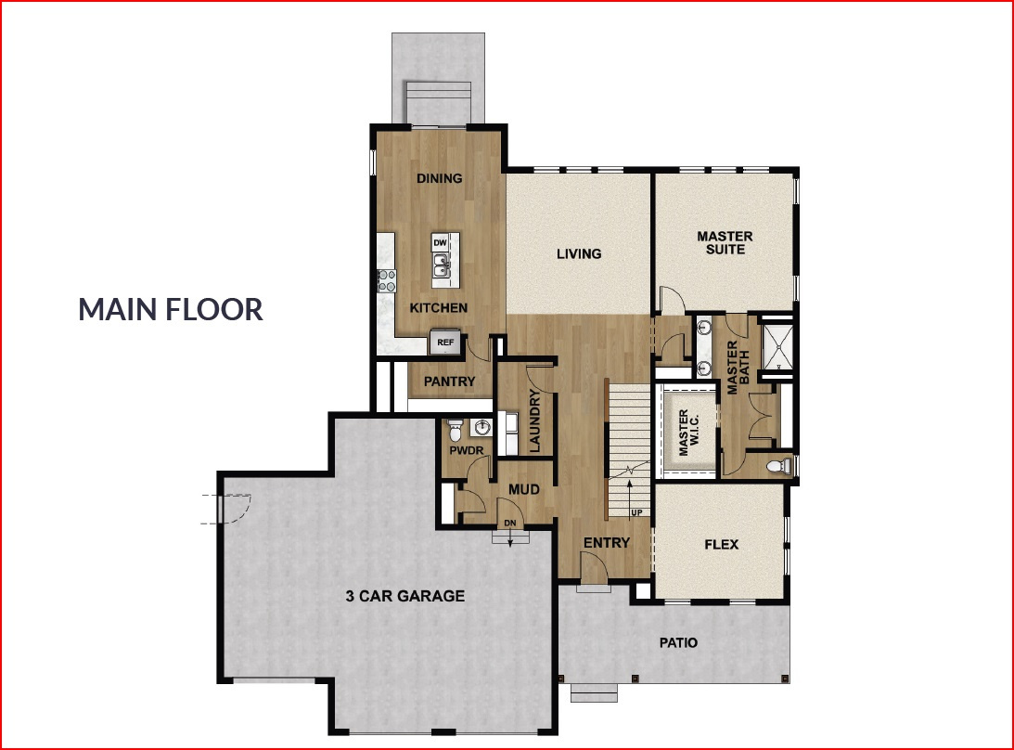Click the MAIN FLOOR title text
(x=171, y=309)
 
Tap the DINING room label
(x=439, y=178)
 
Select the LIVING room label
(x=579, y=253)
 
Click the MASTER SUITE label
(x=725, y=242)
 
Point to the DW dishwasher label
(x=441, y=243)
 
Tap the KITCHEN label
(x=439, y=307)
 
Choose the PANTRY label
(x=449, y=381)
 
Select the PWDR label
(x=462, y=452)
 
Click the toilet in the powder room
(x=455, y=431)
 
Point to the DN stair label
(x=509, y=524)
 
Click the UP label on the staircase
(x=635, y=511)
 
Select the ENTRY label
(x=607, y=543)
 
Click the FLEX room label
(x=722, y=544)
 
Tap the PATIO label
(x=678, y=642)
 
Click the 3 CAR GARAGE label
(x=404, y=596)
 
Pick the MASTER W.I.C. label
(x=687, y=433)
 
